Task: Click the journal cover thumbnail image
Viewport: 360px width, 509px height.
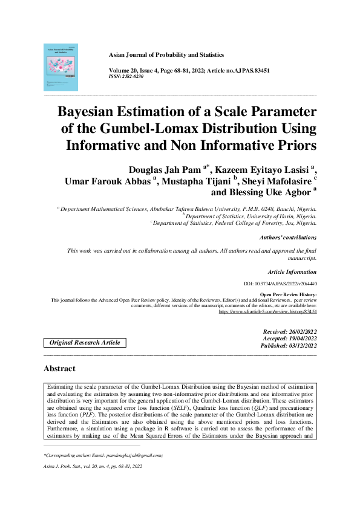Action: pyautogui.click(x=61, y=66)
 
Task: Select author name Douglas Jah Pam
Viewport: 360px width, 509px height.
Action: pyautogui.click(x=162, y=168)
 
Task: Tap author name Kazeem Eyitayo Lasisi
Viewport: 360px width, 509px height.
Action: pyautogui.click(x=263, y=168)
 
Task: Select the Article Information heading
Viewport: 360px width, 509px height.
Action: pyautogui.click(x=292, y=272)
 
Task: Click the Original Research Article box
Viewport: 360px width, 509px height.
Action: pyautogui.click(x=85, y=343)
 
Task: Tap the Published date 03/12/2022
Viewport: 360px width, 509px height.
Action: pyautogui.click(x=289, y=345)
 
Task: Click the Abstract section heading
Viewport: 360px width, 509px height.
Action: pyautogui.click(x=59, y=368)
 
